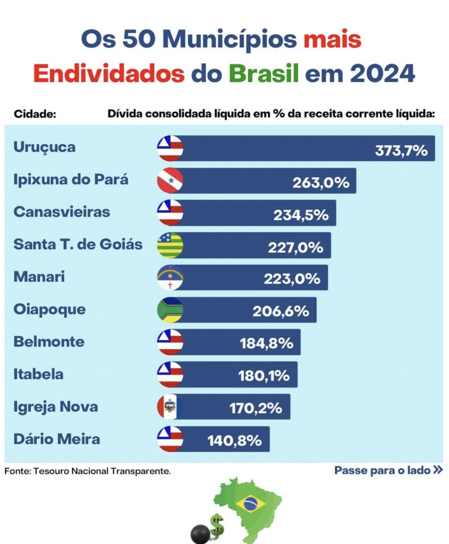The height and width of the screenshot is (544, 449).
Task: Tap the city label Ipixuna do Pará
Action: click(x=71, y=179)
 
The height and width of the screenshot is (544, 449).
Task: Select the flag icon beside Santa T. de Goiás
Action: click(x=170, y=245)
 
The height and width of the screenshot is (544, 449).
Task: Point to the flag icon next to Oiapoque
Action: click(x=170, y=310)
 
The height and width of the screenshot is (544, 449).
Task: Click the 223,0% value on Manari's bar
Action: click(x=292, y=278)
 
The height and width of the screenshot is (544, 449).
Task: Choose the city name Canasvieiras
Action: click(x=62, y=211)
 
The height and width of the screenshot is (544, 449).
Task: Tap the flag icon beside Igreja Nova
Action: click(x=170, y=407)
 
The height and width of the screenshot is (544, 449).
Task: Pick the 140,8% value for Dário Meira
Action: click(x=234, y=440)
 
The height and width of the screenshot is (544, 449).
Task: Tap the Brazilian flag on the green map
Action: click(x=249, y=503)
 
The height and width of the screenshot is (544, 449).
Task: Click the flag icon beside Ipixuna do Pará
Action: click(x=170, y=181)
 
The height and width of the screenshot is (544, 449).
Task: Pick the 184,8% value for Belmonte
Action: click(x=266, y=343)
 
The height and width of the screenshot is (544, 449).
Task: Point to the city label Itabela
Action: click(x=38, y=374)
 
